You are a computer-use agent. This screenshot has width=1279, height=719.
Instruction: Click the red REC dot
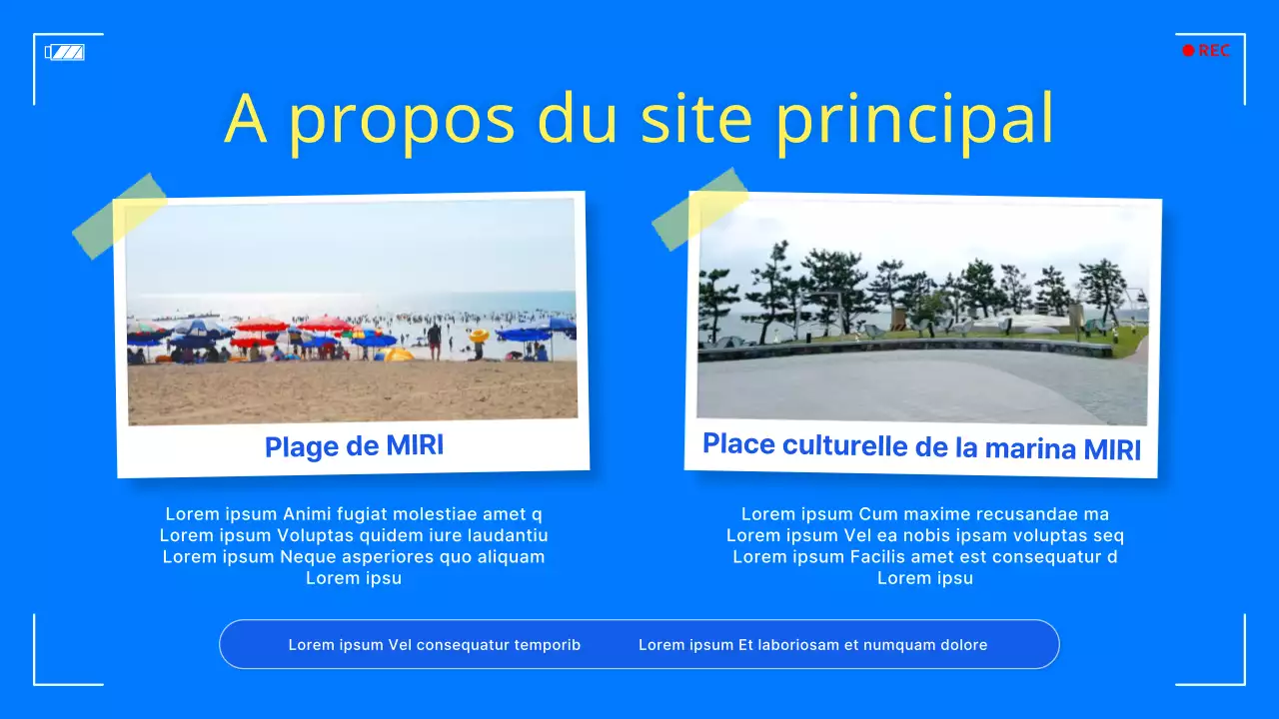tap(1188, 51)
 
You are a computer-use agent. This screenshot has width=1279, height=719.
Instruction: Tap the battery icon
tap(65, 52)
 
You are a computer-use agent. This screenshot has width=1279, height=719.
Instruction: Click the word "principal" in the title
tap(914, 120)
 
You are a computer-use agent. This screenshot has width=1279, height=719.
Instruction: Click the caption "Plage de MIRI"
tap(354, 446)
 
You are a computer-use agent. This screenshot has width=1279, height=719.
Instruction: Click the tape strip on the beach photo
tap(120, 216)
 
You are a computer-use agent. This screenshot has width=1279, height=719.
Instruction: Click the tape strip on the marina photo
tap(699, 208)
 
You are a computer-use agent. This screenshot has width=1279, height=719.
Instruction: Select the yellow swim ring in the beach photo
tap(480, 337)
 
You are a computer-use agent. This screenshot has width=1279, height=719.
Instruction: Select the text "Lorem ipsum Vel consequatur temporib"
tap(435, 645)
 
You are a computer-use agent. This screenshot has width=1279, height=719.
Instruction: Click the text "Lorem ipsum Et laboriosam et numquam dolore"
tap(812, 645)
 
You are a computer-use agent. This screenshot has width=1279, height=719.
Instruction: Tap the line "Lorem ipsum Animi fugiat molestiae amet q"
tap(354, 514)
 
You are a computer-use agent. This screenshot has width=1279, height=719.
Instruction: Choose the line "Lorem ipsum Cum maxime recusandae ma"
tap(925, 514)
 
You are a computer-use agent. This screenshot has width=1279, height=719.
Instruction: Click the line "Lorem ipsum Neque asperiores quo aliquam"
tap(354, 557)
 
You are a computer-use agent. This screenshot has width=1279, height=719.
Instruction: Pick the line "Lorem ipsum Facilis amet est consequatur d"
tap(925, 557)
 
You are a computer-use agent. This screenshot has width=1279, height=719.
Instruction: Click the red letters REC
tap(1214, 51)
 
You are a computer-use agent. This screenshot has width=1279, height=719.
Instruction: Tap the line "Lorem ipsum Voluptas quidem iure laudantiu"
tap(354, 535)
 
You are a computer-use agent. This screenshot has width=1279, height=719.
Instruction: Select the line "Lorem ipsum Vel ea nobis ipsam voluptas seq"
tap(925, 535)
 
